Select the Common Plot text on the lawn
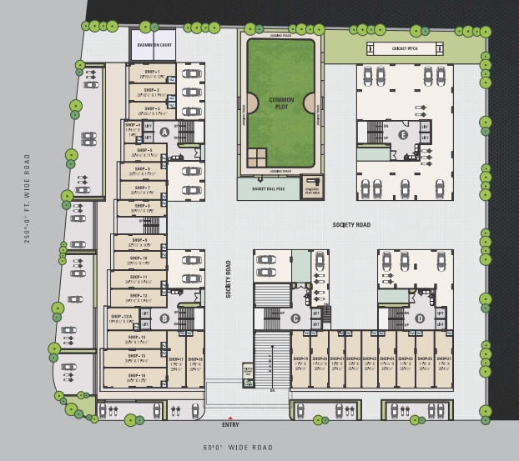click(281, 103)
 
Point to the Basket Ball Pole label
click(263, 189)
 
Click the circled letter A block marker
click(164, 132)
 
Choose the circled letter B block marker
click(164, 318)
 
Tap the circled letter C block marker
click(295, 318)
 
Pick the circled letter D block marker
click(420, 318)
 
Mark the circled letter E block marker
click(403, 134)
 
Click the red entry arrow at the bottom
click(231, 418)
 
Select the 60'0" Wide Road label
click(238, 448)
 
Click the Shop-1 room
click(151, 73)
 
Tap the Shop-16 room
click(136, 377)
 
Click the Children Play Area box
click(313, 188)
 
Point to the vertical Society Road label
click(227, 280)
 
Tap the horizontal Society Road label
click(351, 225)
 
